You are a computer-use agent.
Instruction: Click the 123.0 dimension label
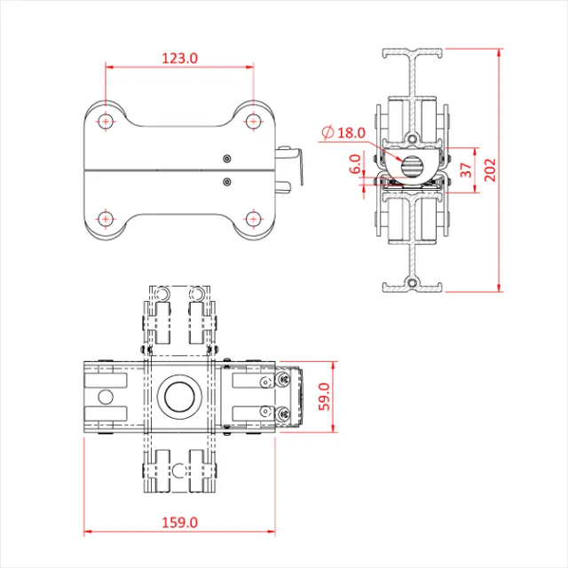(x=179, y=58)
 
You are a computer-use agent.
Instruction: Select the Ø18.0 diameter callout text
(x=344, y=133)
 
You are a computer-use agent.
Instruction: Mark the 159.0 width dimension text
(x=179, y=523)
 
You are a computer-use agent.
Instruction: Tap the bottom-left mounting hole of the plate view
(x=106, y=217)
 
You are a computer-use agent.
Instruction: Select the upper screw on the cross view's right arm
(x=265, y=383)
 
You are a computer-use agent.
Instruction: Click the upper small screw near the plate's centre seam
(x=226, y=157)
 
